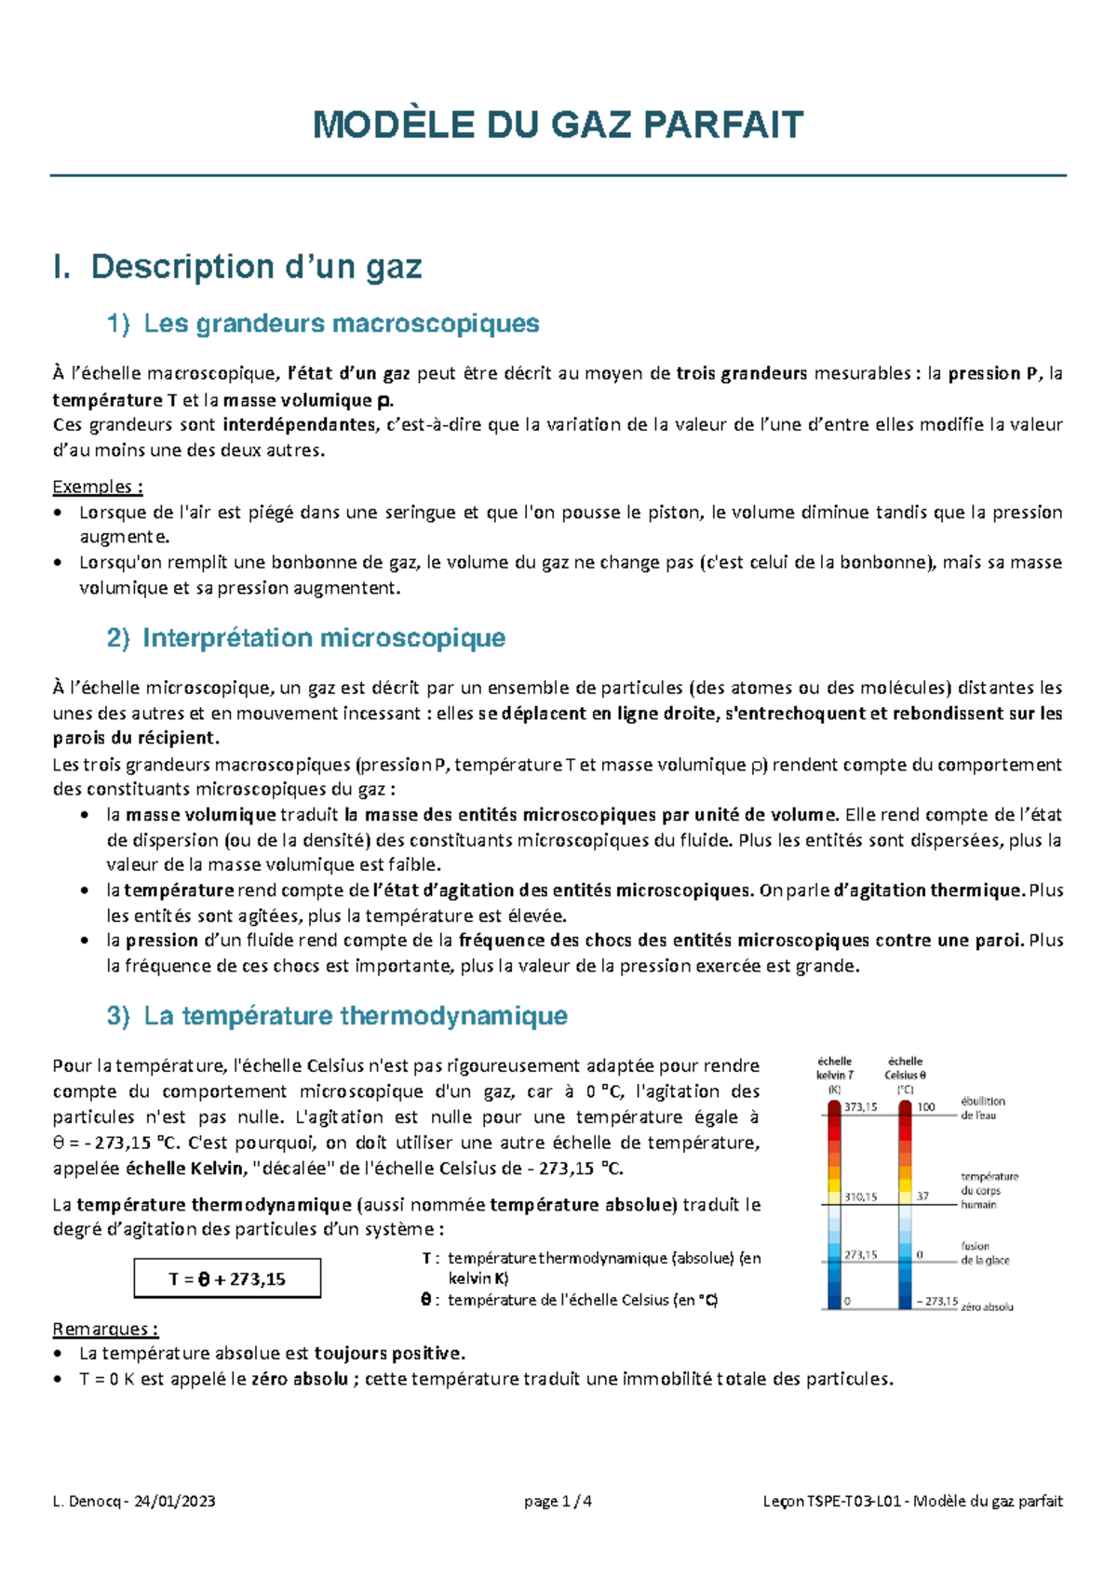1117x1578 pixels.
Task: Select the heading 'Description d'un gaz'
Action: (256, 267)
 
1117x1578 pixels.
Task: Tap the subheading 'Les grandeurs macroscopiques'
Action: (341, 324)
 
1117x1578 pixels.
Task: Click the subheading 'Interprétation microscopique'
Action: (323, 638)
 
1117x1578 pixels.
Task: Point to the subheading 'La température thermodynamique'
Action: (355, 1015)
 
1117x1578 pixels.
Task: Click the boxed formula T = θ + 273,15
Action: (227, 1279)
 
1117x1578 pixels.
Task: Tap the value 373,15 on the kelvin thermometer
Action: (860, 1107)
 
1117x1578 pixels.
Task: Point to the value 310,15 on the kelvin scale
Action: (860, 1197)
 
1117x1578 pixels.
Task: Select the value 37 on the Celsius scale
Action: (922, 1197)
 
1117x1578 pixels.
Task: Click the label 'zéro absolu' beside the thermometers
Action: (988, 1306)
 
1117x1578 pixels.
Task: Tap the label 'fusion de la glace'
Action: (984, 1253)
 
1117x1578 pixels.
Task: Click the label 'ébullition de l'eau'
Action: (982, 1108)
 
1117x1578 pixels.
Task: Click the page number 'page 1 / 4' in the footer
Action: (558, 1501)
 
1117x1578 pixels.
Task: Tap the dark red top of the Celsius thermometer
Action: (905, 1108)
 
